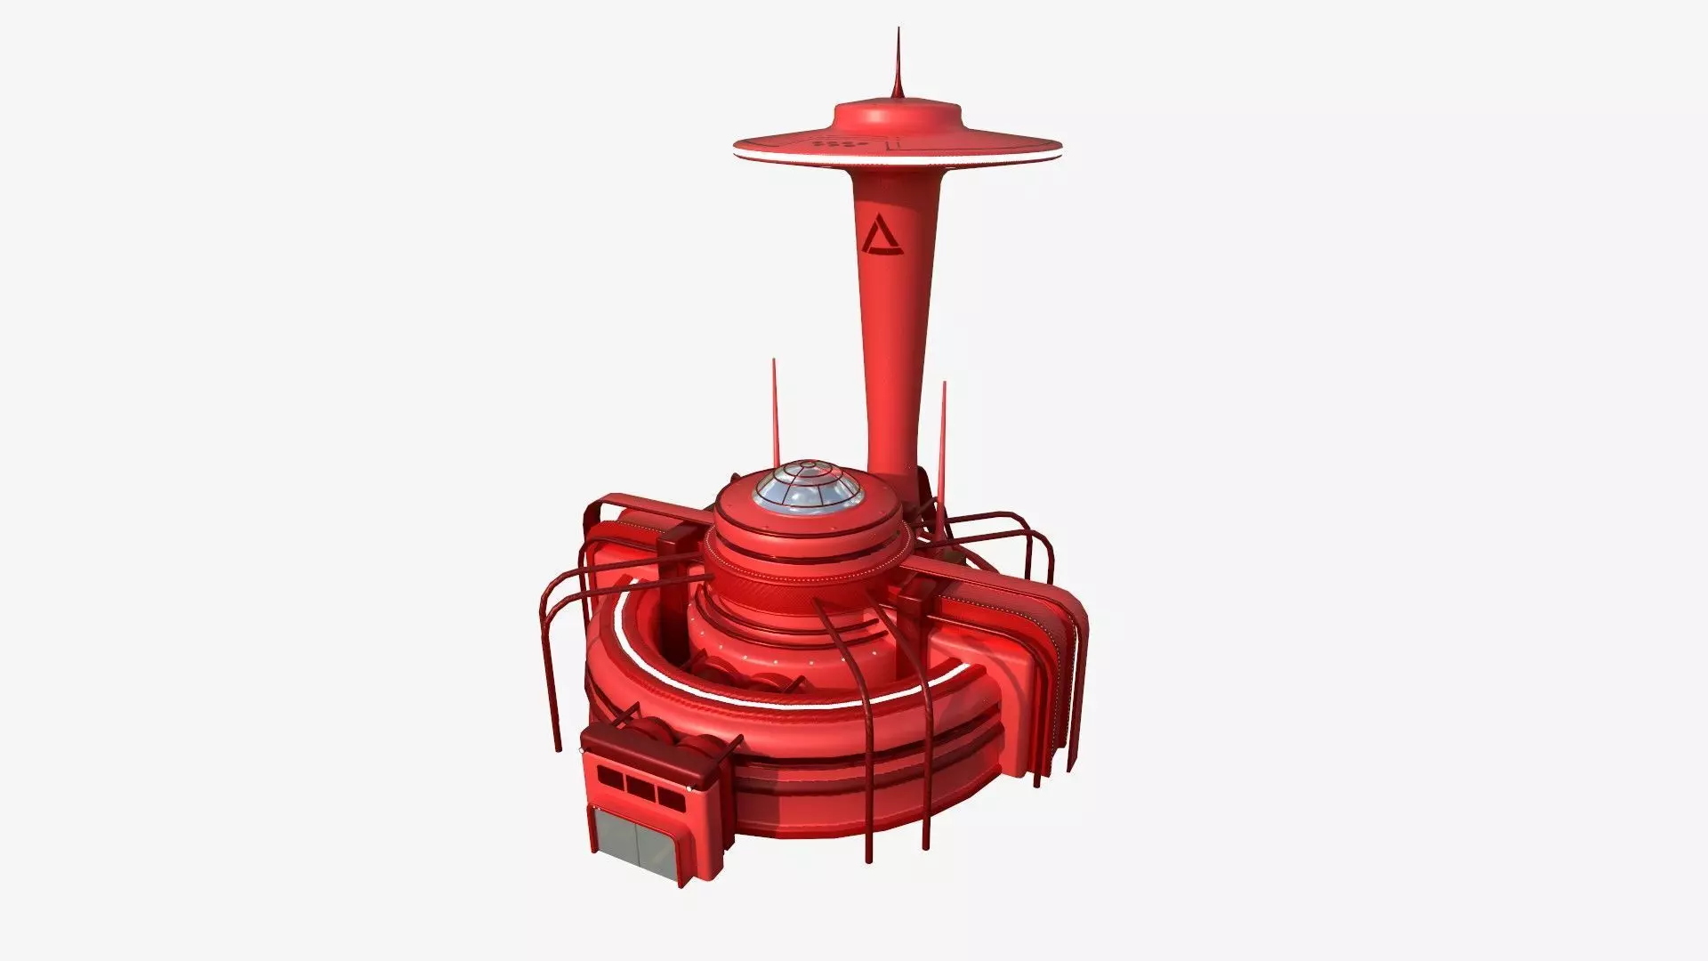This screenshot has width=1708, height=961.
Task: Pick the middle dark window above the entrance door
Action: [639, 786]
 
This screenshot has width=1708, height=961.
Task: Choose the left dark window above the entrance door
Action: [610, 779]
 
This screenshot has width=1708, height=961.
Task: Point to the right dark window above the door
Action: [668, 794]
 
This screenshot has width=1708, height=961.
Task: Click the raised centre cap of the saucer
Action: [898, 116]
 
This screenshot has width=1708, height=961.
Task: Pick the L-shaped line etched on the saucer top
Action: [892, 142]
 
